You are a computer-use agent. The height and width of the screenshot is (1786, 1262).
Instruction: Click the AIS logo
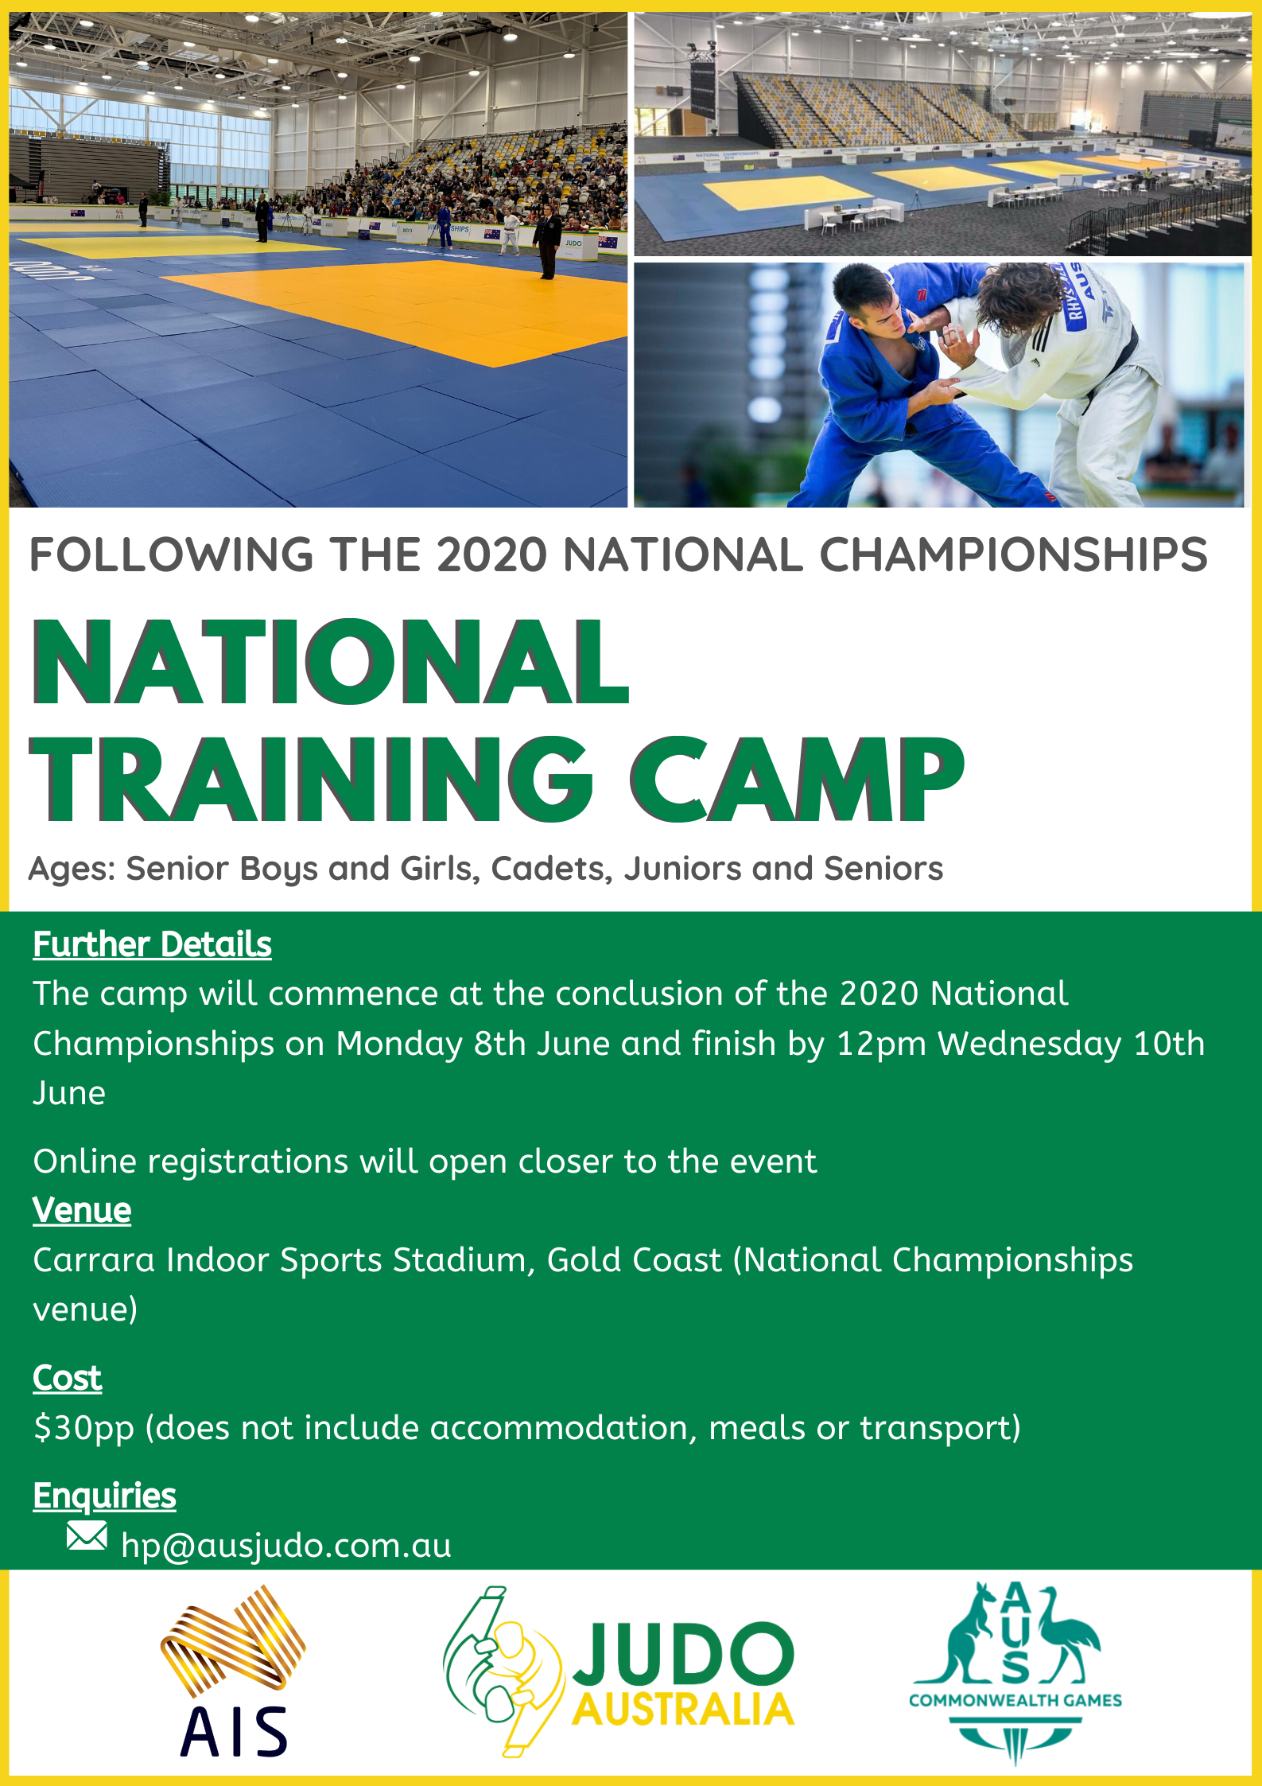click(x=233, y=1671)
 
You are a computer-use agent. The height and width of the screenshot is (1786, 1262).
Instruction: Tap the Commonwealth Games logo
click(x=1015, y=1671)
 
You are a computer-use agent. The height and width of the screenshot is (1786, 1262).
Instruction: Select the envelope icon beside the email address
click(x=87, y=1535)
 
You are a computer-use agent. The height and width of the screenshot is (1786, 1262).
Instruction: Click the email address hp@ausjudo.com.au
click(x=286, y=1546)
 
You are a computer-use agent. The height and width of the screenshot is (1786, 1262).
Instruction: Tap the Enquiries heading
click(x=104, y=1496)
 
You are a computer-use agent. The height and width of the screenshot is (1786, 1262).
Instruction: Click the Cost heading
click(x=67, y=1378)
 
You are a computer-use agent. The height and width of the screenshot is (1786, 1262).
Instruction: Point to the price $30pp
click(x=83, y=1429)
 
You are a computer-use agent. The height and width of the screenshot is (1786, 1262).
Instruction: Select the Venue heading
click(x=82, y=1210)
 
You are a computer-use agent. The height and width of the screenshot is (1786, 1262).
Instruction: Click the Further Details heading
click(x=152, y=944)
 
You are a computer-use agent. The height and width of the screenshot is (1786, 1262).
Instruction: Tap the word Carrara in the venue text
click(x=94, y=1260)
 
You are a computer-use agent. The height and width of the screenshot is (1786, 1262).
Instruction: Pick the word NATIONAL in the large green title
click(x=330, y=662)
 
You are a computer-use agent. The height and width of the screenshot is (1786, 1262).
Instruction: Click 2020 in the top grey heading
click(x=491, y=554)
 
